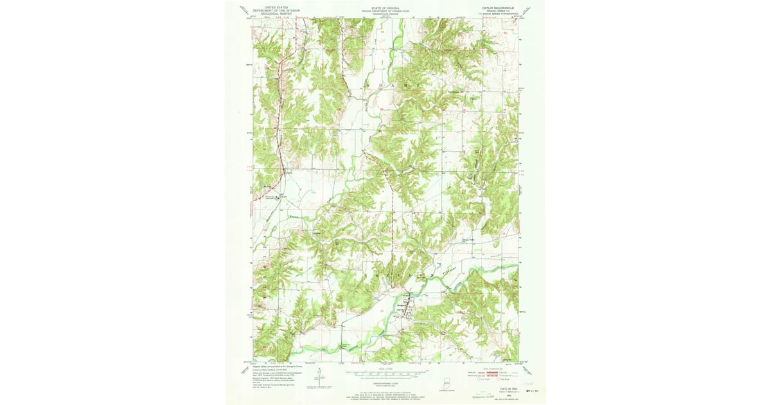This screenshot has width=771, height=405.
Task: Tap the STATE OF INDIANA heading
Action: [x=385, y=8]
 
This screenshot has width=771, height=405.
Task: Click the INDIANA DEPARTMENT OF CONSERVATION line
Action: [x=385, y=12]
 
